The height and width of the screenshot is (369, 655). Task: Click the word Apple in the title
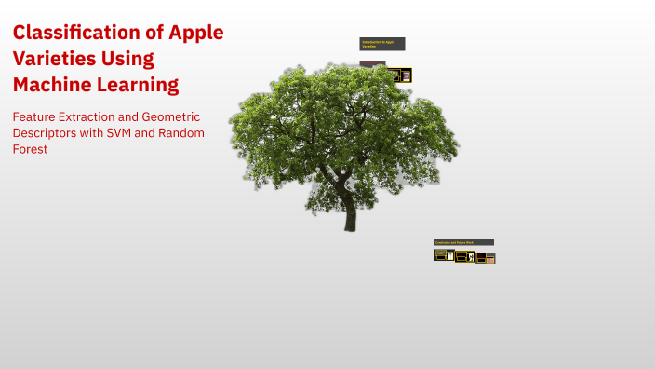click(x=196, y=33)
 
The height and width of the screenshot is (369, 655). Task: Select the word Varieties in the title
click(x=55, y=59)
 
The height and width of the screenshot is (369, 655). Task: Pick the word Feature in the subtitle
click(x=35, y=117)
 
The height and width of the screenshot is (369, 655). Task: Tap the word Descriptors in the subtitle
click(x=49, y=133)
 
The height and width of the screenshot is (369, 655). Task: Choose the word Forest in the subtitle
click(x=30, y=149)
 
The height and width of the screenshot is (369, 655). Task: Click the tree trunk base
click(x=350, y=224)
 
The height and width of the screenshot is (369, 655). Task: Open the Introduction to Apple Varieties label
click(x=382, y=43)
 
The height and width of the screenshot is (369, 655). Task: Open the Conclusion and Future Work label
click(x=463, y=242)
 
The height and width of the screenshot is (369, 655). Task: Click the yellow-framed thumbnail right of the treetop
click(x=401, y=75)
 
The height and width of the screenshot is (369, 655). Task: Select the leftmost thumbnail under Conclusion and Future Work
click(x=444, y=255)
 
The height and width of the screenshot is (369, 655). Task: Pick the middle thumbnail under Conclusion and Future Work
click(x=465, y=256)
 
